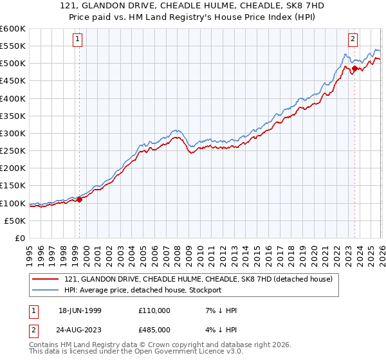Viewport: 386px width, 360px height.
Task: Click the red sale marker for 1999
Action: click(80, 199)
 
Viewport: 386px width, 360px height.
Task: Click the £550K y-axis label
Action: click(13, 46)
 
